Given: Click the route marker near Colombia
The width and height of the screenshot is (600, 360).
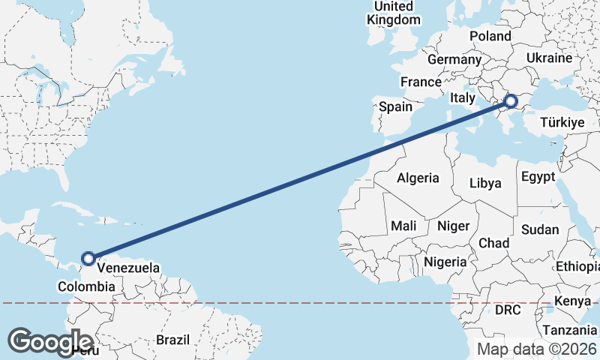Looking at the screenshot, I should tap(88, 258).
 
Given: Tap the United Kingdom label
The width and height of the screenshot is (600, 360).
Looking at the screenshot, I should tap(393, 13).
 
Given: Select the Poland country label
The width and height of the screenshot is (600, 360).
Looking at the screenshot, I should tap(490, 36).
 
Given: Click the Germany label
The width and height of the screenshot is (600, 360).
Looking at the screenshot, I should tap(454, 59).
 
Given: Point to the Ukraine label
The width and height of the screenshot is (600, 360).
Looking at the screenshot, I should tap(549, 58).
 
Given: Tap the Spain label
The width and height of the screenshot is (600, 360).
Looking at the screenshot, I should tap(395, 106).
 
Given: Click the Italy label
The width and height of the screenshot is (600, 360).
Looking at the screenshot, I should tap(463, 98).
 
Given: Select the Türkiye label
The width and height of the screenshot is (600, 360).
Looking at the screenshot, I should tap(563, 121).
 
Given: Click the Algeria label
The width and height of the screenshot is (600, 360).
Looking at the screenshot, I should tap(418, 178).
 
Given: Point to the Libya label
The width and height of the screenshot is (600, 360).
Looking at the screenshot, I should tap(484, 183).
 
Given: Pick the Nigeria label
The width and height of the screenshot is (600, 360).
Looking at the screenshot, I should tap(445, 262).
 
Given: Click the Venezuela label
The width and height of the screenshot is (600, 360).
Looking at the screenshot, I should tap(128, 268).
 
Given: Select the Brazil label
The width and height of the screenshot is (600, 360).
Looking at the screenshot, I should tap(172, 340).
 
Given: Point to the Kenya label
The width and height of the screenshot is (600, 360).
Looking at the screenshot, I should tap(572, 302).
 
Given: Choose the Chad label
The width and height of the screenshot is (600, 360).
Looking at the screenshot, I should tap(493, 243).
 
